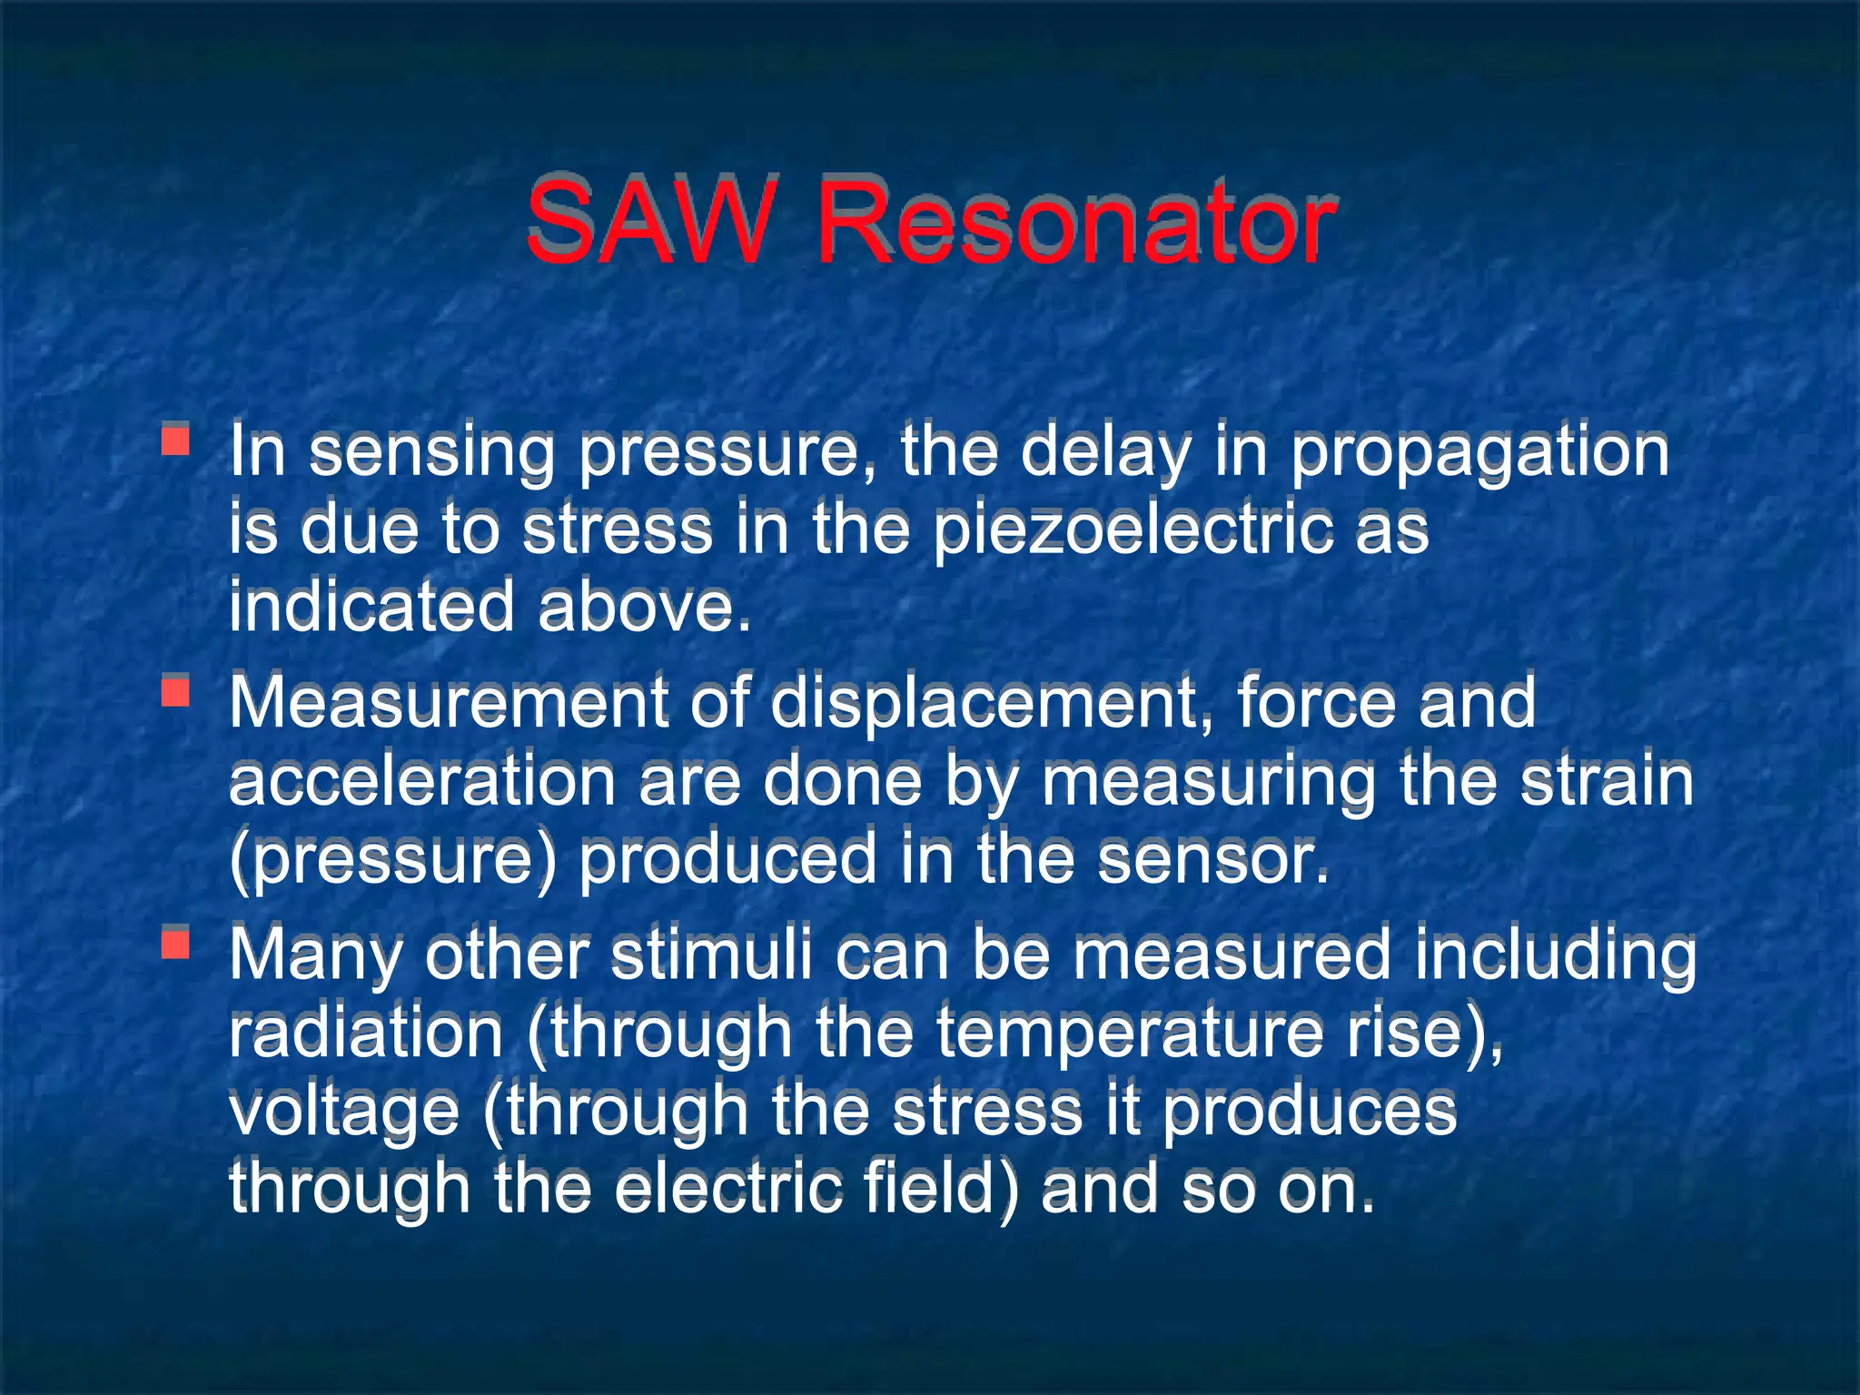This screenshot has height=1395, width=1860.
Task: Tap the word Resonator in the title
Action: pyautogui.click(x=1075, y=223)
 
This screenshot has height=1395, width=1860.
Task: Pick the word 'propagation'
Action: pyautogui.click(x=1479, y=454)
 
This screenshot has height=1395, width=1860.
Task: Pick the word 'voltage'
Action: pyautogui.click(x=344, y=1113)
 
